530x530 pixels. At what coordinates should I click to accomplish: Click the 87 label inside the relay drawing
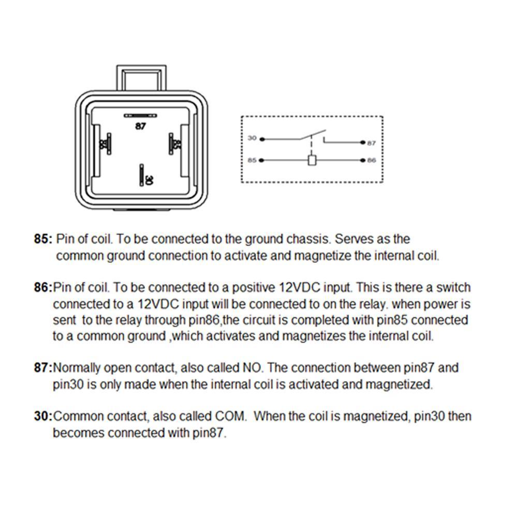click(140, 125)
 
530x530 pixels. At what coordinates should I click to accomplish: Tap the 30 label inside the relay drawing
click(149, 180)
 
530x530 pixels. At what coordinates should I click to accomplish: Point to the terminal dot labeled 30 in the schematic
click(261, 139)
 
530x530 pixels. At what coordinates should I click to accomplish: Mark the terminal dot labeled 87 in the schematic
click(364, 142)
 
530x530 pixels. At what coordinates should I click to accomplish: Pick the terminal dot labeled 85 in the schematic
click(261, 160)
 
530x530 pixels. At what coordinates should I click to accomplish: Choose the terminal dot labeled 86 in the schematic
click(364, 160)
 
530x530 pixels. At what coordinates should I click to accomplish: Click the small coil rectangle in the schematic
click(312, 160)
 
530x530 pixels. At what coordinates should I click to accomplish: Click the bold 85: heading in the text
click(43, 239)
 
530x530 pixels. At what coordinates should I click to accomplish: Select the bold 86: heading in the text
click(43, 287)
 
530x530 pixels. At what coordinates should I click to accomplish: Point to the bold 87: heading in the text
click(43, 368)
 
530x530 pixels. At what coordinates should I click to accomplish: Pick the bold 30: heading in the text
click(43, 416)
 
